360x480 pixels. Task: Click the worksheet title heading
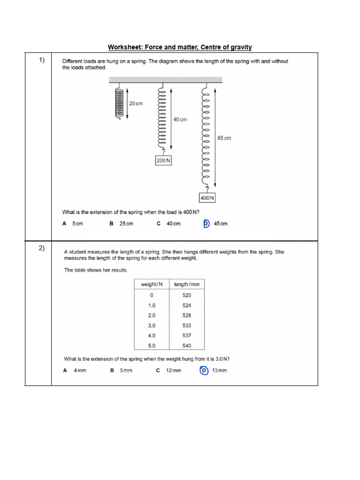click(x=180, y=47)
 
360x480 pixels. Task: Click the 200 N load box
click(x=163, y=161)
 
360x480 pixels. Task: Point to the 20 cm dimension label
click(x=135, y=103)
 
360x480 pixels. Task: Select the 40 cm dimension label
click(x=180, y=120)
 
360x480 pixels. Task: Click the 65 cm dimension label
click(x=224, y=138)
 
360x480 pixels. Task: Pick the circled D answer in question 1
click(x=206, y=224)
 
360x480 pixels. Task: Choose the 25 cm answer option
click(x=126, y=224)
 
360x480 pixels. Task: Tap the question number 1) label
click(x=42, y=60)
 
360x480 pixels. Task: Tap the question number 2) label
click(x=42, y=248)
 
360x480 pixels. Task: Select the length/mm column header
click(x=187, y=285)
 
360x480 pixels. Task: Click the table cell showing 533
click(x=187, y=325)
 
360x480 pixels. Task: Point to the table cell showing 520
click(x=187, y=295)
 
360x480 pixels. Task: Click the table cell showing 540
click(x=187, y=346)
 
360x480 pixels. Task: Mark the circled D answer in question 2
click(x=203, y=370)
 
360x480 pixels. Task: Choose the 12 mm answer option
click(x=173, y=370)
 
